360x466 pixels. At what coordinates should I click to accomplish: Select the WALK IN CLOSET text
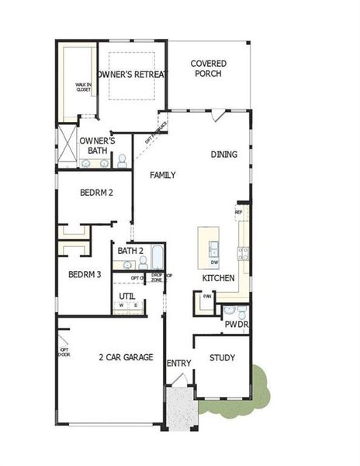83,87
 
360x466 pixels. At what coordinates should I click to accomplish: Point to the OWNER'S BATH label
98,145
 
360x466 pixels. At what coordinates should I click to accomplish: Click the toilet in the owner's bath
122,161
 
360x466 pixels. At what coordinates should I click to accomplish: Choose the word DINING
223,155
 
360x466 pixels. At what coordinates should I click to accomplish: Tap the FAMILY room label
163,175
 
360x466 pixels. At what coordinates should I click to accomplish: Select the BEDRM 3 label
85,274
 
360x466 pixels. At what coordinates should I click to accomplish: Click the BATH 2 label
130,251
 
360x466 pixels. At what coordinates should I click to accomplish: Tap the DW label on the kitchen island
214,263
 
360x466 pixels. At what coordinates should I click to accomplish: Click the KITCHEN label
218,278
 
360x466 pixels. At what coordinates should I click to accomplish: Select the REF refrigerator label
239,211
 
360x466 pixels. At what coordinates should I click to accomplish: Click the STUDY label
222,358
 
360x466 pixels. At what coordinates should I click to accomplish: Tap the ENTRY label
178,363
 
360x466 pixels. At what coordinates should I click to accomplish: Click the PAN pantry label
207,296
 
